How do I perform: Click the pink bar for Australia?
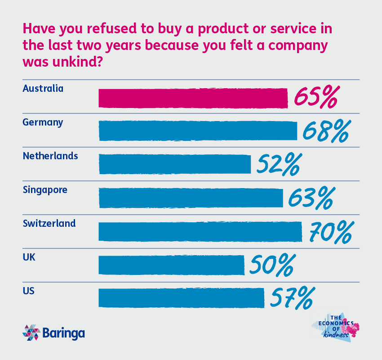click(x=193, y=98)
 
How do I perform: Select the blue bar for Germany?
click(x=198, y=131)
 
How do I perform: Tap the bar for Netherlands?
click(x=174, y=164)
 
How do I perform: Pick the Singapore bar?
click(x=191, y=198)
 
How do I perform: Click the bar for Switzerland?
click(x=200, y=231)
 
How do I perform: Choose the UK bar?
click(x=171, y=265)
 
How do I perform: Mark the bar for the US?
click(x=181, y=298)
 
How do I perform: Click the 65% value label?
click(x=315, y=98)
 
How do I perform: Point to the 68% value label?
click(x=326, y=131)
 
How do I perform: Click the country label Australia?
click(x=43, y=88)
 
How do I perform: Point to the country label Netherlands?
click(x=50, y=156)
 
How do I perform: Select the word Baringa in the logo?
click(x=64, y=333)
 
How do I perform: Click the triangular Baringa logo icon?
click(x=31, y=333)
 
